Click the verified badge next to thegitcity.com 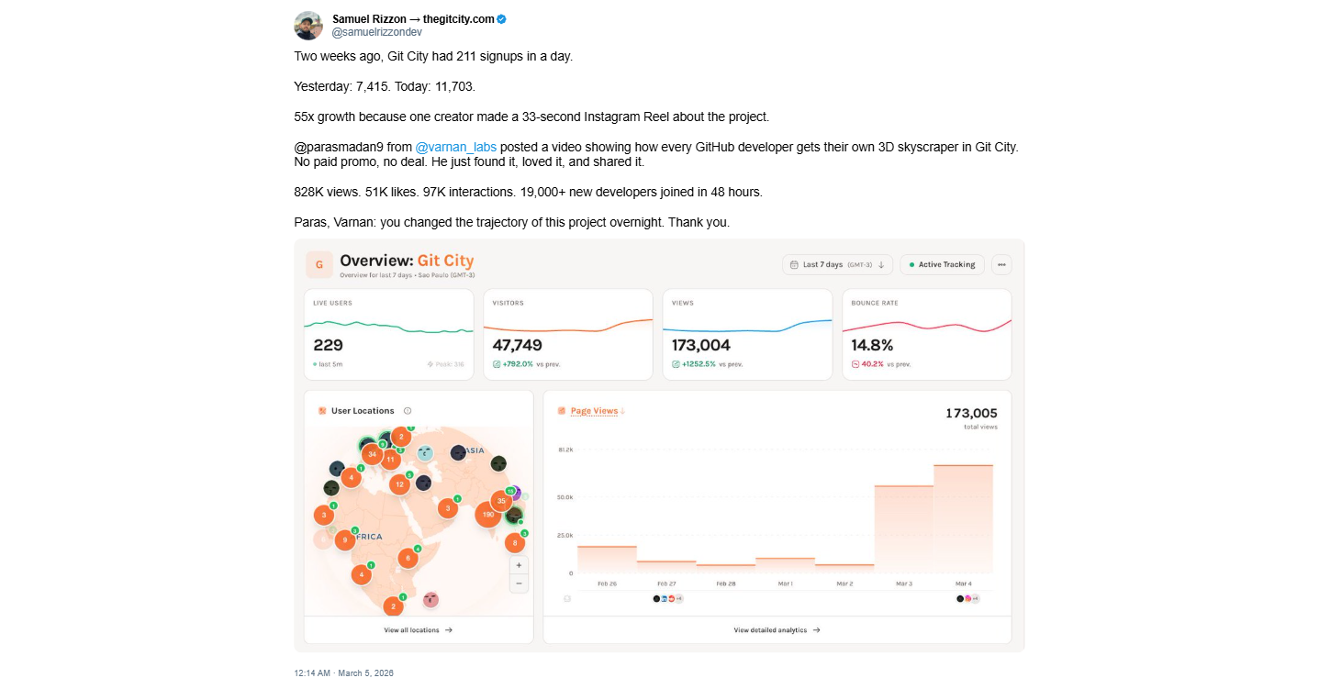pos(502,18)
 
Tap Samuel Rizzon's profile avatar pos(308,26)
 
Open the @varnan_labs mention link pos(455,147)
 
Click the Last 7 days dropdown pos(838,264)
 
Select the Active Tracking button pos(942,264)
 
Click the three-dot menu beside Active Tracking pos(1001,264)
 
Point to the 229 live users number pos(328,345)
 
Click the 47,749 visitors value pos(517,345)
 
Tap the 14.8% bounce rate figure pos(872,345)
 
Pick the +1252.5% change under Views pos(698,364)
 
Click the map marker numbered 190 pos(487,515)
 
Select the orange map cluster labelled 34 pos(371,453)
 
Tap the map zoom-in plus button pos(519,565)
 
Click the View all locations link pos(418,630)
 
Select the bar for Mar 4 pos(963,518)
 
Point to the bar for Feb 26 pos(607,559)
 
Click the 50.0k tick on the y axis pos(564,497)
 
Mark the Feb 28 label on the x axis pos(725,583)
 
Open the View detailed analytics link pos(777,630)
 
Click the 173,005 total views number pos(971,414)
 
